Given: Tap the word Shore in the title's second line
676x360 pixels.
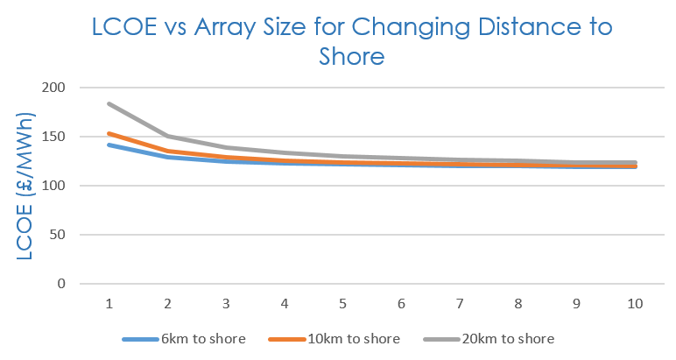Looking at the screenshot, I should (352, 57).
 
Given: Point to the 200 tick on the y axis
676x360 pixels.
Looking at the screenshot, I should (53, 88).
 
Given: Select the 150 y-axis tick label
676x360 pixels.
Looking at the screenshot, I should (53, 137).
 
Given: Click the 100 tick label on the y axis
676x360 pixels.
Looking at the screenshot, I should (53, 186).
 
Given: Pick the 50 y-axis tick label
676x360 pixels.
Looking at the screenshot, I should (58, 235).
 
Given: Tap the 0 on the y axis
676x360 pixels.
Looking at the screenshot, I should (62, 284).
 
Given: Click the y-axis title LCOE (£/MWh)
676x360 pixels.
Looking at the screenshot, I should (27, 185).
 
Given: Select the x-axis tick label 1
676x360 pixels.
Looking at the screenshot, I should (109, 303).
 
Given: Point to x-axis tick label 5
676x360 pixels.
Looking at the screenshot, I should (342, 303).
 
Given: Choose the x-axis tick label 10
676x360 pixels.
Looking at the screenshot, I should (635, 303).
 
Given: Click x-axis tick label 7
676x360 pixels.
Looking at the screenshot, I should (460, 303).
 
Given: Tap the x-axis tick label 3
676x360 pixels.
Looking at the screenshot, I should (226, 303).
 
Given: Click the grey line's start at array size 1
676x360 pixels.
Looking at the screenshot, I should (109, 103).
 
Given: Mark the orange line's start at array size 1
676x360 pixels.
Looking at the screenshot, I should (109, 133).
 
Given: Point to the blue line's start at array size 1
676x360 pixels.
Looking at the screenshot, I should (109, 145).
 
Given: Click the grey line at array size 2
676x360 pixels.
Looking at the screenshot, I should (167, 136).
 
